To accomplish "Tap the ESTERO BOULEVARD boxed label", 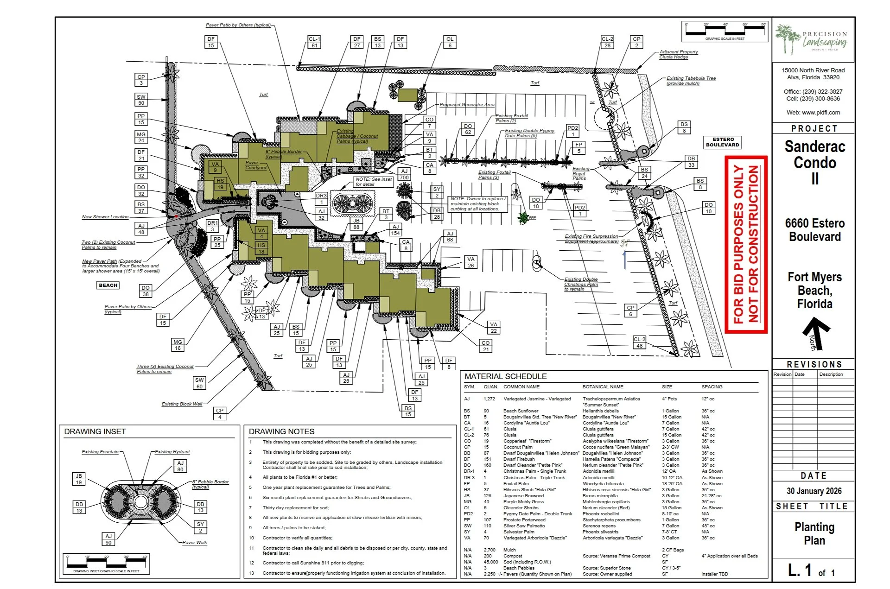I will click(x=722, y=142).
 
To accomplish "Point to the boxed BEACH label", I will click(x=108, y=285).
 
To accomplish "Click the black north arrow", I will click(x=815, y=333).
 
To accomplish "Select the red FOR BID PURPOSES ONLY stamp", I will click(x=746, y=244).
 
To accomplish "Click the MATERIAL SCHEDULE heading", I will click(x=505, y=377).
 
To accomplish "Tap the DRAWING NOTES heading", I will click(x=281, y=431).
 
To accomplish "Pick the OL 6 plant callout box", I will click(x=450, y=42).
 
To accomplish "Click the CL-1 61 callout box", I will click(x=314, y=42).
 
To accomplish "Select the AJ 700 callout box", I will click(x=404, y=174).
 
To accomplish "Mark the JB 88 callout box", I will click(x=356, y=224).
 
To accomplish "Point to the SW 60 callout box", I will click(x=199, y=383).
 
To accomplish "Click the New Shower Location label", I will click(x=105, y=217).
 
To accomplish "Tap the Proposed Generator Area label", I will click(x=467, y=105).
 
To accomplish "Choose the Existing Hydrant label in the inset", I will click(x=172, y=452).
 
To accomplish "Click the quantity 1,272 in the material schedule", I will click(x=489, y=399).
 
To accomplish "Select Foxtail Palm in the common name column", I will click(x=516, y=484).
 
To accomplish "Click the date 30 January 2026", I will click(x=814, y=491).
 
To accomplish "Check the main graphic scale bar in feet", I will click(x=725, y=32).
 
